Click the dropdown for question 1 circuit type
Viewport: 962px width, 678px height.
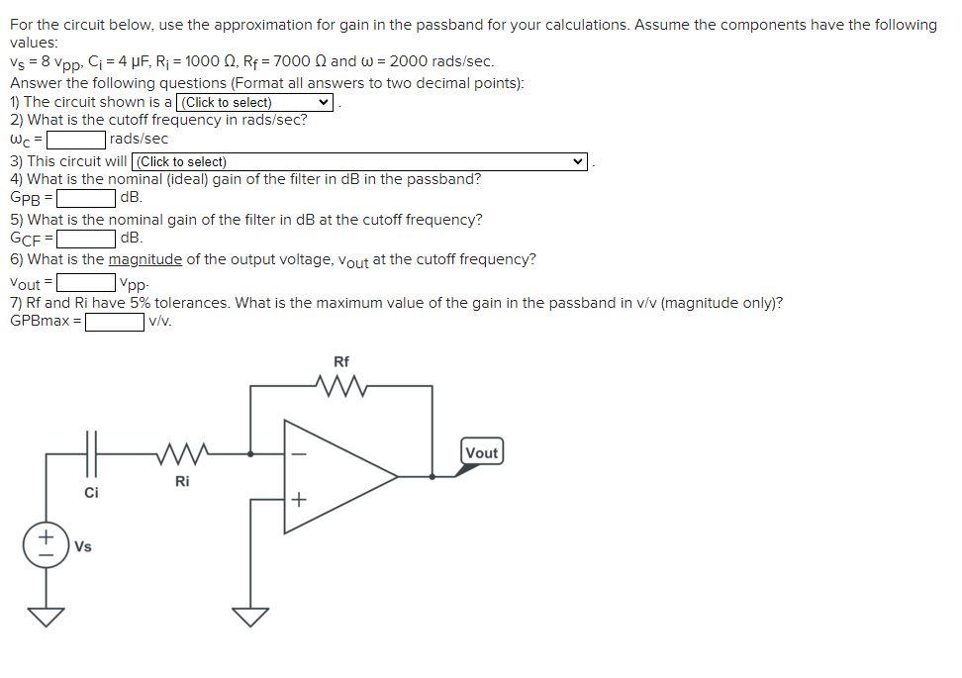[x=254, y=102]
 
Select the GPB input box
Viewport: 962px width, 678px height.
[x=85, y=198]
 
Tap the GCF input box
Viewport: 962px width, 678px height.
[x=86, y=239]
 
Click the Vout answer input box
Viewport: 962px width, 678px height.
[x=86, y=283]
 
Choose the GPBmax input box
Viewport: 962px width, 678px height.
[x=115, y=322]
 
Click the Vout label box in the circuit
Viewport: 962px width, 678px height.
[x=481, y=452]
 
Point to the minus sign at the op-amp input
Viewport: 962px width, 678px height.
[x=299, y=455]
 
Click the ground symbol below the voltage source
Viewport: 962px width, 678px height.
[x=46, y=616]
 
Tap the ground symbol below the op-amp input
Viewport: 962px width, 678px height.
[x=250, y=616]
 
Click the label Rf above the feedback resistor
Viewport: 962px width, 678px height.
[x=341, y=361]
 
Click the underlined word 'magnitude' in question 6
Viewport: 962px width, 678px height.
[x=144, y=260]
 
